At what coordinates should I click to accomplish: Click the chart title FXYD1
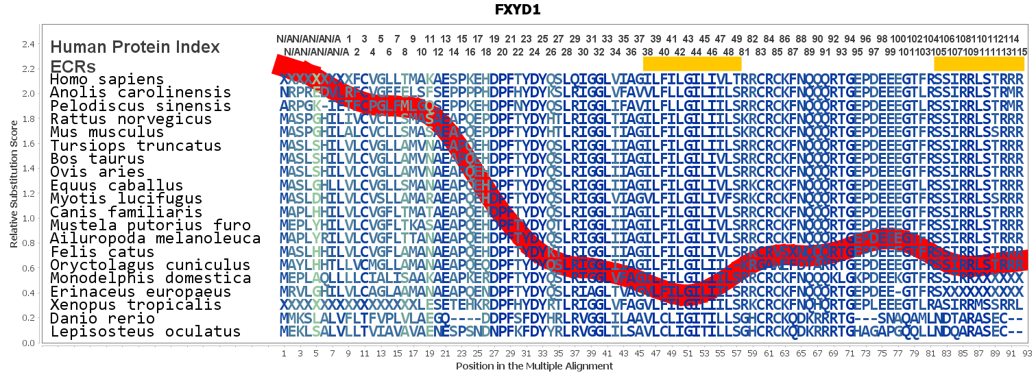(518, 10)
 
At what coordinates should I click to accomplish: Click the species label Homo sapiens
(107, 80)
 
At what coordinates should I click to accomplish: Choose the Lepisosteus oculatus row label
(145, 332)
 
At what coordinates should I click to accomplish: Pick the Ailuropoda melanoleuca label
(155, 239)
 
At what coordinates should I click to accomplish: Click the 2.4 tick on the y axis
(29, 45)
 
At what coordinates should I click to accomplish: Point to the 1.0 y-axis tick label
(29, 219)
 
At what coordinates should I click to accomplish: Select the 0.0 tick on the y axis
(29, 343)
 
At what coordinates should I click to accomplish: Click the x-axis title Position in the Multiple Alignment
(534, 366)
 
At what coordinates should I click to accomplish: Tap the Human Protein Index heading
(135, 47)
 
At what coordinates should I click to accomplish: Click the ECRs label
(73, 66)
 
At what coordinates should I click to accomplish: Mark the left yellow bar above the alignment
(692, 63)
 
